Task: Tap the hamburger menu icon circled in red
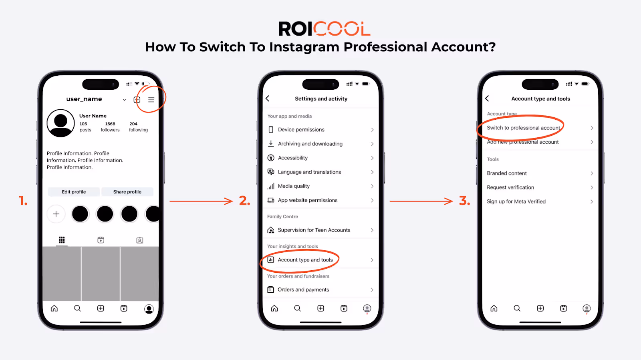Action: pyautogui.click(x=151, y=99)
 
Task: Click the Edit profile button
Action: pyautogui.click(x=74, y=191)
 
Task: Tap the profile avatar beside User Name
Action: pyautogui.click(x=60, y=123)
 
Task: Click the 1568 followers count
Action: pyautogui.click(x=110, y=127)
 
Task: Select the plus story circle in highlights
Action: pyautogui.click(x=56, y=214)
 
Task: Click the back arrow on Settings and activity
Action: pyautogui.click(x=268, y=99)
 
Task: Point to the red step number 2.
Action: pyautogui.click(x=244, y=201)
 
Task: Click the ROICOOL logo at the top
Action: pyautogui.click(x=325, y=28)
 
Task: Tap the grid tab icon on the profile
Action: pyautogui.click(x=62, y=239)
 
